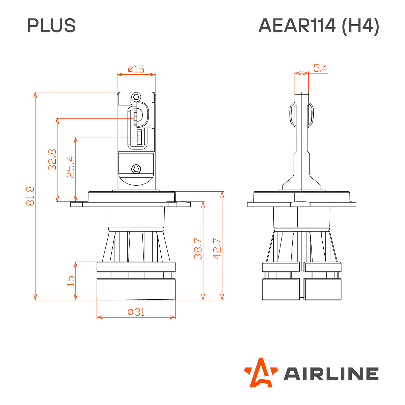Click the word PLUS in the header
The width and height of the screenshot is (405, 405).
pyautogui.click(x=51, y=26)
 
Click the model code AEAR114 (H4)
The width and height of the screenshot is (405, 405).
pyautogui.click(x=319, y=26)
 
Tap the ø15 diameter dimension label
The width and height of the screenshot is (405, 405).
pyautogui.click(x=136, y=70)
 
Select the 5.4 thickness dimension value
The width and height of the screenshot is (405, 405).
pyautogui.click(x=320, y=69)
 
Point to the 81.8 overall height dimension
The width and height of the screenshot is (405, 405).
pyautogui.click(x=30, y=196)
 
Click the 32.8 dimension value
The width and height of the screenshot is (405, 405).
pyautogui.click(x=52, y=160)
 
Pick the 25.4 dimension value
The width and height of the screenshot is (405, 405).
pyautogui.click(x=71, y=167)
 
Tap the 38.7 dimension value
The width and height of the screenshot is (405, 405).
pyautogui.click(x=198, y=249)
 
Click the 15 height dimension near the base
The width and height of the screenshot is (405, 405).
pyautogui.click(x=71, y=281)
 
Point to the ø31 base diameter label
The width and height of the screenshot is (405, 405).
pyautogui.click(x=136, y=312)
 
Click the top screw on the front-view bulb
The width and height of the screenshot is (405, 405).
pyautogui.click(x=136, y=97)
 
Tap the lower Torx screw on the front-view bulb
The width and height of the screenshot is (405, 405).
pyautogui.click(x=136, y=168)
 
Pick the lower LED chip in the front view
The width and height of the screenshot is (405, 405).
pyautogui.click(x=139, y=137)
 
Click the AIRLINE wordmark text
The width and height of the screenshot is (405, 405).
pyautogui.click(x=331, y=374)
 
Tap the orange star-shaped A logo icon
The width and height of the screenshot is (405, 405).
pyautogui.click(x=261, y=373)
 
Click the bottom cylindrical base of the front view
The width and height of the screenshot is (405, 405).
pyautogui.click(x=136, y=289)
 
